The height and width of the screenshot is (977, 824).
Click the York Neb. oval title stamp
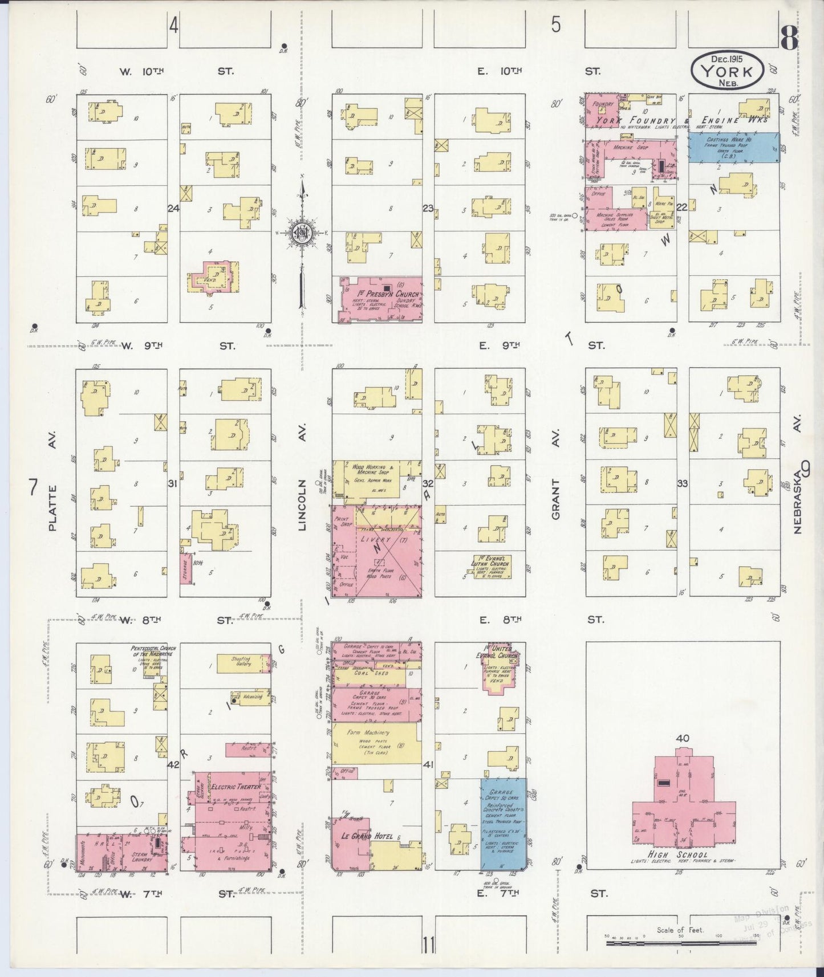pos(726,70)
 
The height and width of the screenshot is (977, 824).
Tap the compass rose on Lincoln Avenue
pos(301,233)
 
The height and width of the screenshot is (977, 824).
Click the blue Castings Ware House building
pos(733,148)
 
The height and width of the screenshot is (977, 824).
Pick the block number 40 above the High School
pos(683,738)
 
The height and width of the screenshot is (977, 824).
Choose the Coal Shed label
pos(372,673)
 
